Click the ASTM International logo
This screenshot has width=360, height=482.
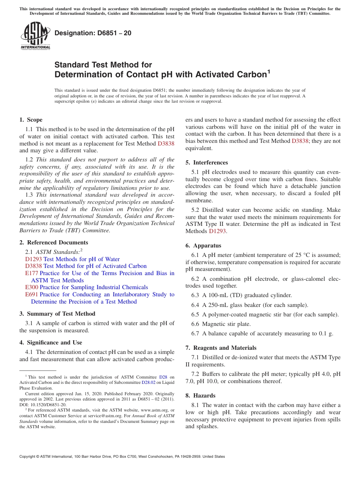pos(35,36)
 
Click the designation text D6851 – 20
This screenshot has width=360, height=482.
pos(93,33)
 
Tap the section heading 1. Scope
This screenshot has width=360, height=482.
pos(31,120)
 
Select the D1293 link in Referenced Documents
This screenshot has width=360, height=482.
pos(33,259)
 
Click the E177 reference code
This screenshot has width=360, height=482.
pos(31,273)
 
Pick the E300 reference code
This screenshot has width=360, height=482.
pos(31,287)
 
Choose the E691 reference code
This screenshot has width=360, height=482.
pos(31,294)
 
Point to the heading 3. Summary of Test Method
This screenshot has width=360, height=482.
pos(57,314)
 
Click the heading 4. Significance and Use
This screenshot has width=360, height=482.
pos(51,343)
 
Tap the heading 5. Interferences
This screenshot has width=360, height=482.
pos(207,163)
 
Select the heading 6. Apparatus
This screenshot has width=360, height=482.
pos(203,246)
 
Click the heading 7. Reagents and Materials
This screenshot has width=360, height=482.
pos(221,348)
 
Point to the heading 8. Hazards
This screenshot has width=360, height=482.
pos(200,396)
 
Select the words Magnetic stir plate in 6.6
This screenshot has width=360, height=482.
pos(226,324)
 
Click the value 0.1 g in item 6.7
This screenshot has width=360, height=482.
pos(327,333)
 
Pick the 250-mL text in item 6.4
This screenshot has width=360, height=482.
pos(216,305)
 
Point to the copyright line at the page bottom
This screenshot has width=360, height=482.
pos(122,457)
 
